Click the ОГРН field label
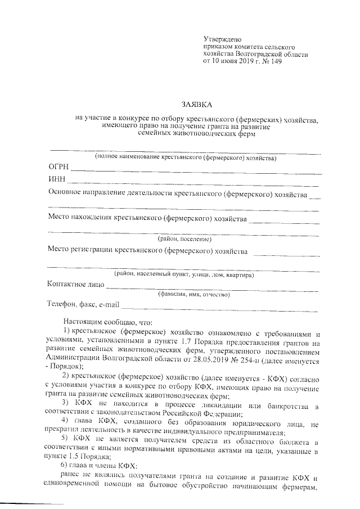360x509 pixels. coord(58,168)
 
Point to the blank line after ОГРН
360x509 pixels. coord(197,171)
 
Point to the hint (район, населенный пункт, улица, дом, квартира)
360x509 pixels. coord(183,274)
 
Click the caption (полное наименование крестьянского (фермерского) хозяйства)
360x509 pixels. coord(185,158)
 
